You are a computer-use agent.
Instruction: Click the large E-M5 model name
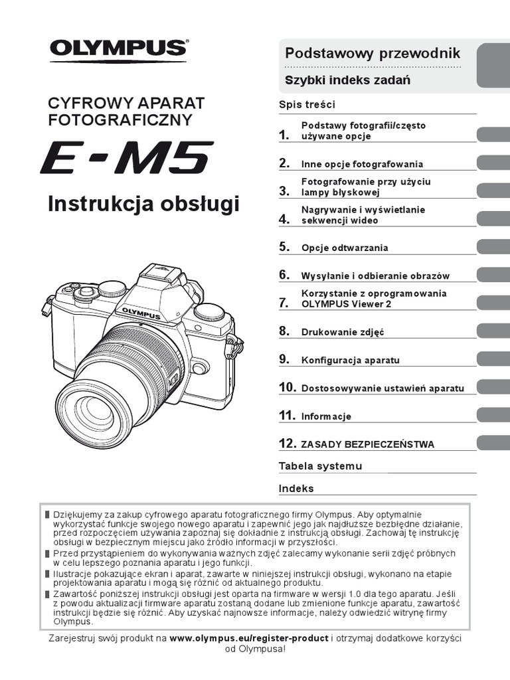[126, 158]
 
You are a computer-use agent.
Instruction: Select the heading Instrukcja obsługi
[143, 205]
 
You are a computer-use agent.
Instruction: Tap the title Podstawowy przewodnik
[372, 54]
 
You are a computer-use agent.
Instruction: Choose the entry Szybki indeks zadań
[347, 80]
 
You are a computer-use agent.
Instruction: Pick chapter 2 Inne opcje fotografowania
[362, 164]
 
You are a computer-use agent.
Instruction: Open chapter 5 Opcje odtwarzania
[344, 248]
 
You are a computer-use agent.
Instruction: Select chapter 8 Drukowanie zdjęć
[343, 332]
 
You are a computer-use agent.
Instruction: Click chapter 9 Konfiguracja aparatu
[350, 360]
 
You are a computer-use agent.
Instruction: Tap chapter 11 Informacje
[326, 416]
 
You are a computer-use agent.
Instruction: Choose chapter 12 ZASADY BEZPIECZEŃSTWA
[367, 444]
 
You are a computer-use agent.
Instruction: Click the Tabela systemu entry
[320, 466]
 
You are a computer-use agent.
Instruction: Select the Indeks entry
[296, 489]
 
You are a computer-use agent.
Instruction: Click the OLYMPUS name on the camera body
[140, 313]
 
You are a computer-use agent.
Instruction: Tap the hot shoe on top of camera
[155, 269]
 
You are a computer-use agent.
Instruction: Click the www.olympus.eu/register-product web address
[249, 638]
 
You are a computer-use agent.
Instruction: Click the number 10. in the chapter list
[287, 388]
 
